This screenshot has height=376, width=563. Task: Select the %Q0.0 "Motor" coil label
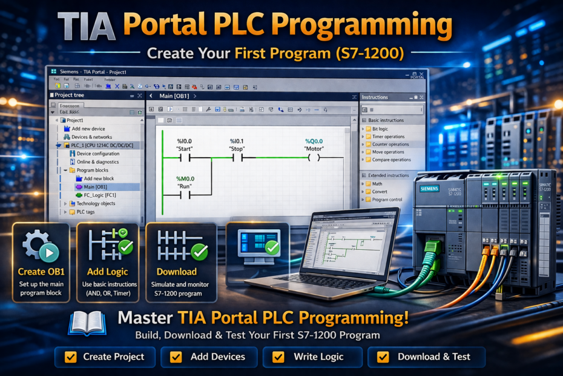pyautogui.click(x=314, y=145)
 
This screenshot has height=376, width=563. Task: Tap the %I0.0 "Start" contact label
pyautogui.click(x=184, y=145)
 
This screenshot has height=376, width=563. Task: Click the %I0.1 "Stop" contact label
pyautogui.click(x=237, y=145)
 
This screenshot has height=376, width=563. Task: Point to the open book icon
pyautogui.click(x=87, y=323)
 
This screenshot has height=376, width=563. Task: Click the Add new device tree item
pyautogui.click(x=88, y=129)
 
